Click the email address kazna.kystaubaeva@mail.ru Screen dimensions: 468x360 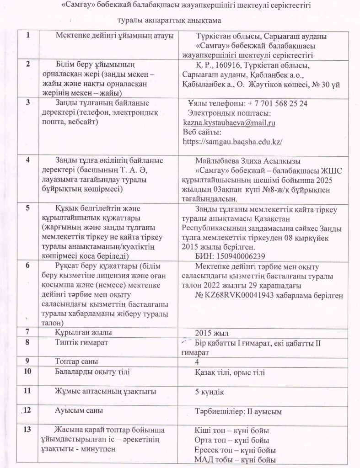click(229, 123)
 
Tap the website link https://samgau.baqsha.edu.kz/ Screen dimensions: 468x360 click(232, 142)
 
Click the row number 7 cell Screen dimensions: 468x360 click(29, 332)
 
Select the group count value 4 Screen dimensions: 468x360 click(197, 361)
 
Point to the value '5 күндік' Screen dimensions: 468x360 click(210, 392)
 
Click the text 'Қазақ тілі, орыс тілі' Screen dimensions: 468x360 click(230, 372)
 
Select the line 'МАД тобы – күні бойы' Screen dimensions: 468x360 click(236, 459)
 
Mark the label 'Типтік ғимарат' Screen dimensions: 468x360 click(82, 342)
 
